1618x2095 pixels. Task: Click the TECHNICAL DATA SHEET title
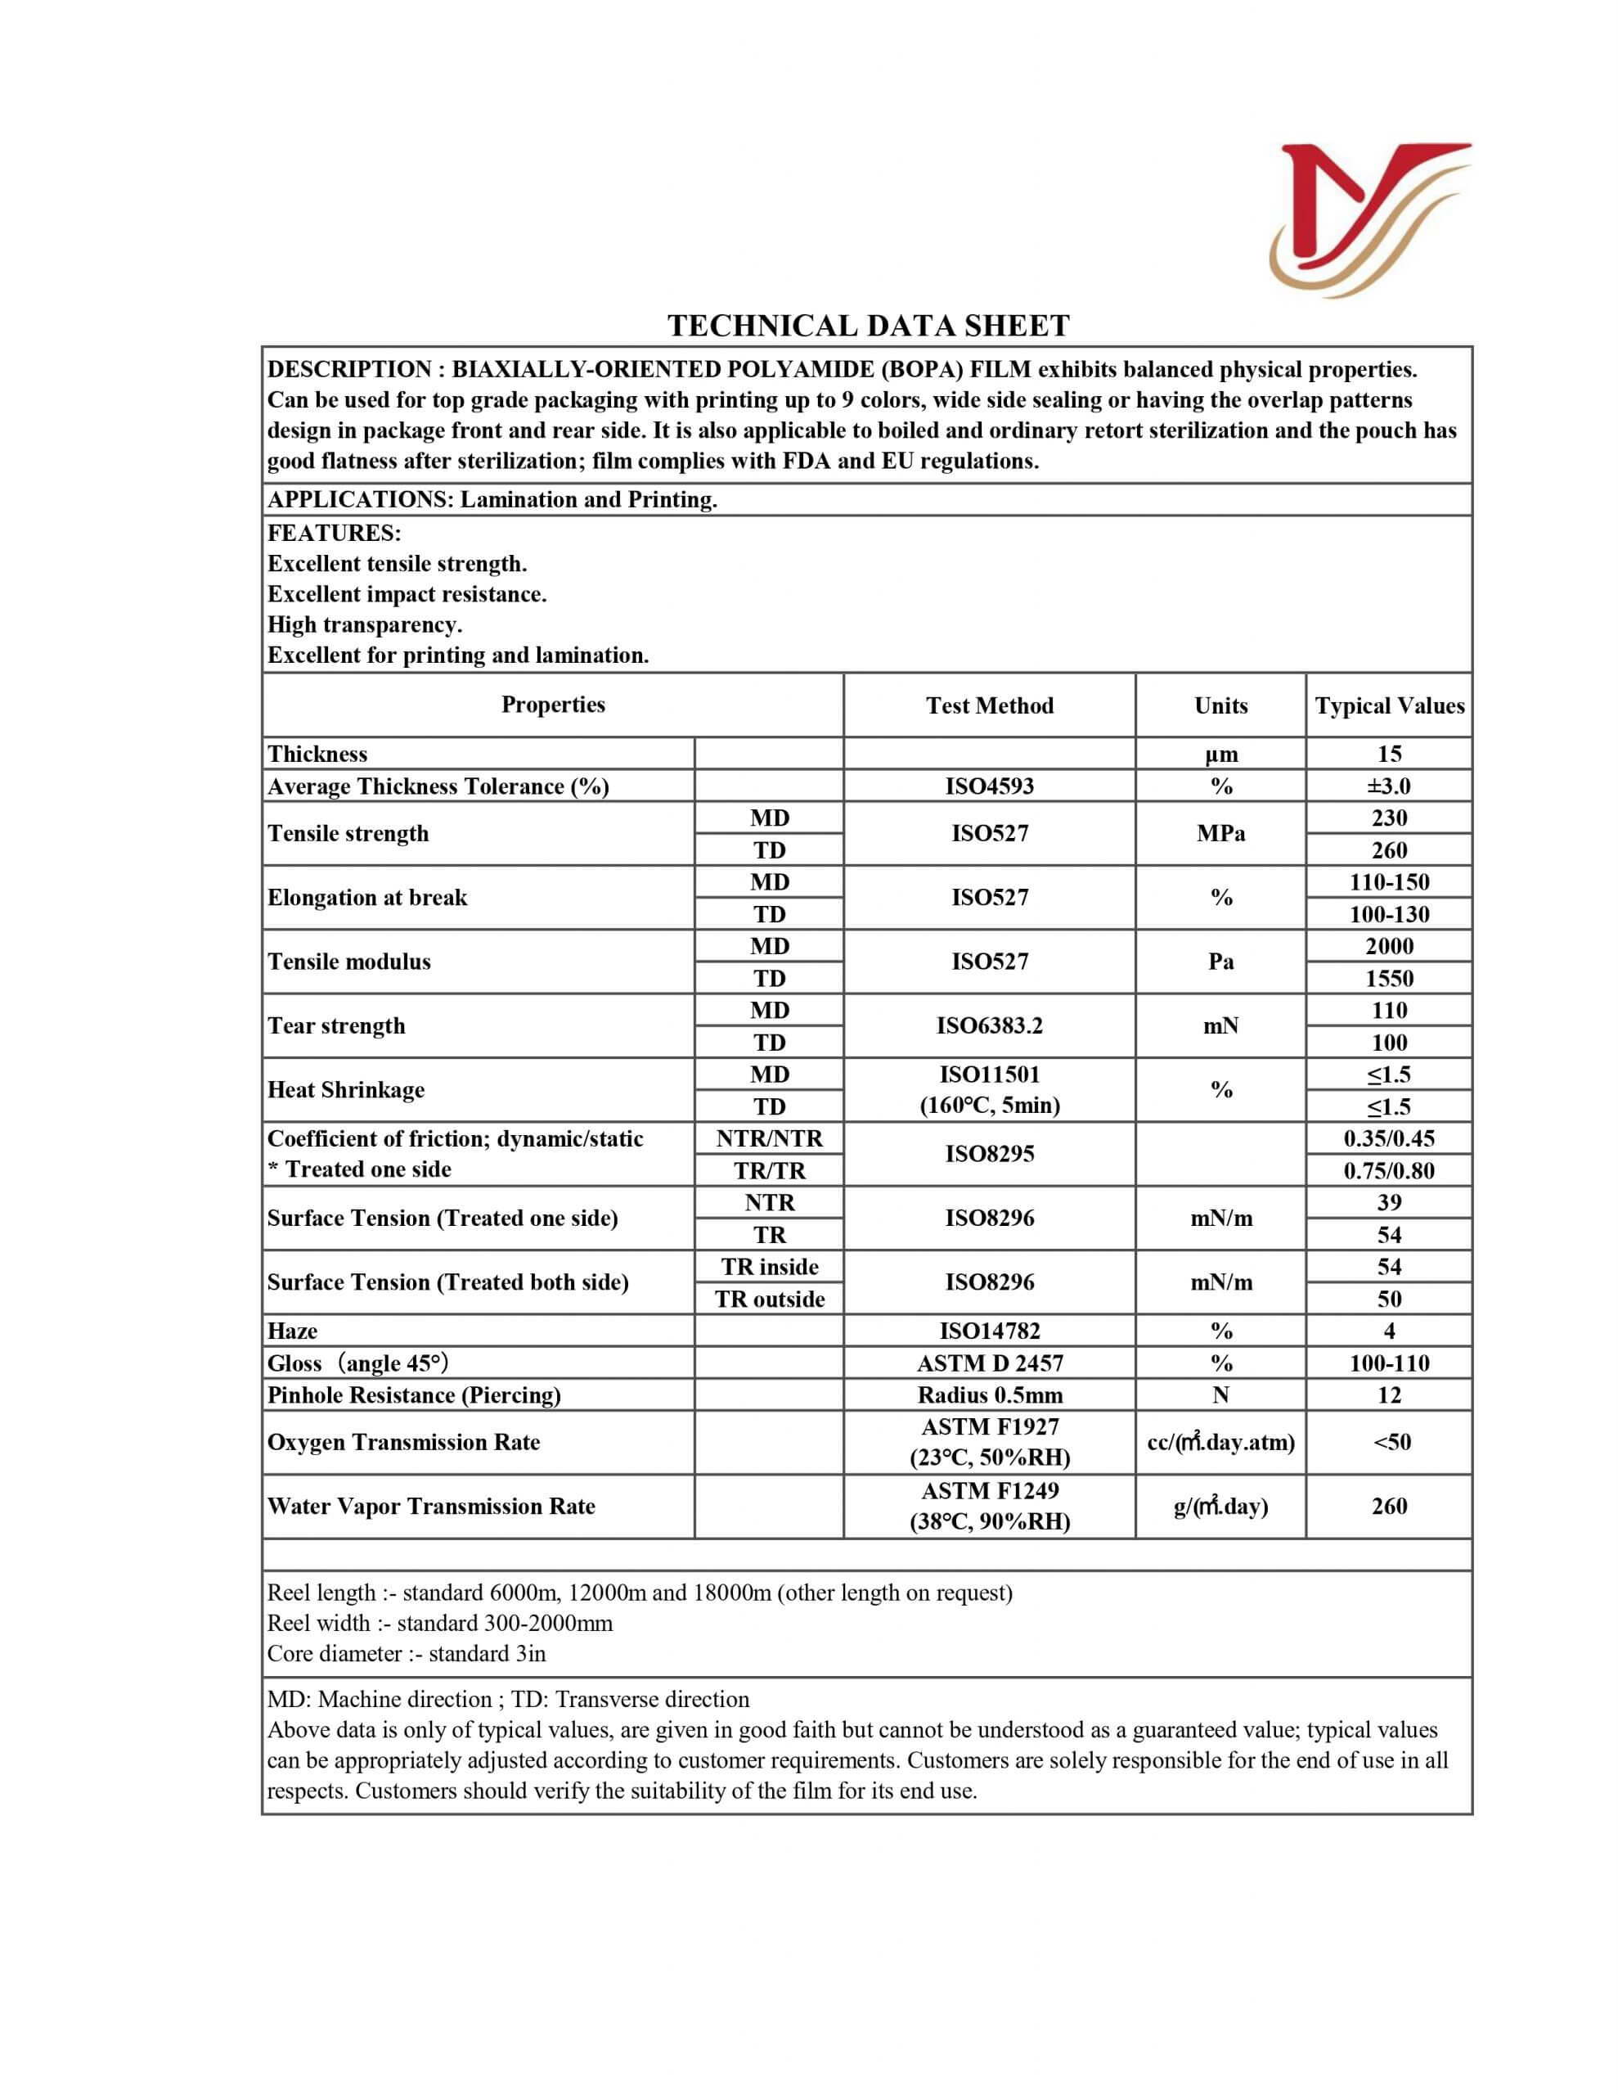868,327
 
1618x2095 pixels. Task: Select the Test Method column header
989,705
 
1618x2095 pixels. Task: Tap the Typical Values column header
1389,705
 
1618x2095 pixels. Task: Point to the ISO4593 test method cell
989,786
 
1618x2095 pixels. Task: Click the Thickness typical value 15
1389,753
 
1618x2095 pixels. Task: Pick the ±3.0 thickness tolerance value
1389,786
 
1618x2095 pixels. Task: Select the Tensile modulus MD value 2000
1389,946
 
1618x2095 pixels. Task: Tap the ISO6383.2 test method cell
989,1025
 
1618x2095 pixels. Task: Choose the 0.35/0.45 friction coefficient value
1389,1138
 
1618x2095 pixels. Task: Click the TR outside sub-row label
769,1299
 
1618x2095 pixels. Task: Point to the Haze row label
293,1331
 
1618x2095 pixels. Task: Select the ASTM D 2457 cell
989,1363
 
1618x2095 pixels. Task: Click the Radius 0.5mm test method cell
989,1394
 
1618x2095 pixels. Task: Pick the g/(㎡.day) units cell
1220,1506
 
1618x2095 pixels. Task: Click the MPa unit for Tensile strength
1220,834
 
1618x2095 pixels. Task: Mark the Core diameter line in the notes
407,1653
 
